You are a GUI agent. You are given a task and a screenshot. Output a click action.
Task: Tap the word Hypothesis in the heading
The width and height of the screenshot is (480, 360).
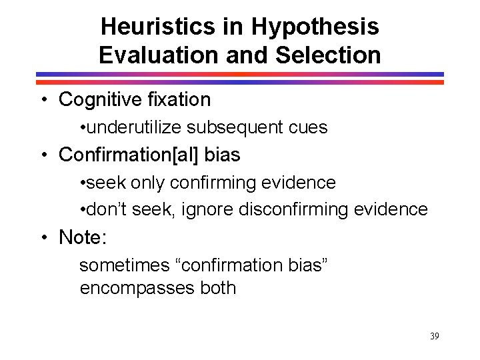coord(315,27)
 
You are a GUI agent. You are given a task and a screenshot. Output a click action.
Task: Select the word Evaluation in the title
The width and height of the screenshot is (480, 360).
coord(161,55)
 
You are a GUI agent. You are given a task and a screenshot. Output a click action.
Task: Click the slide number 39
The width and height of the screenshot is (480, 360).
coord(435,336)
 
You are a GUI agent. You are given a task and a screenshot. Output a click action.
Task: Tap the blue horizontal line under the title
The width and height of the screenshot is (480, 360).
coord(240,74)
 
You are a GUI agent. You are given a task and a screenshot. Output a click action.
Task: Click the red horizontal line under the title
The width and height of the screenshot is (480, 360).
coord(240,81)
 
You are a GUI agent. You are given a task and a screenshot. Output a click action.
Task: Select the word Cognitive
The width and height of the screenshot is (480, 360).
coord(97,100)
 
